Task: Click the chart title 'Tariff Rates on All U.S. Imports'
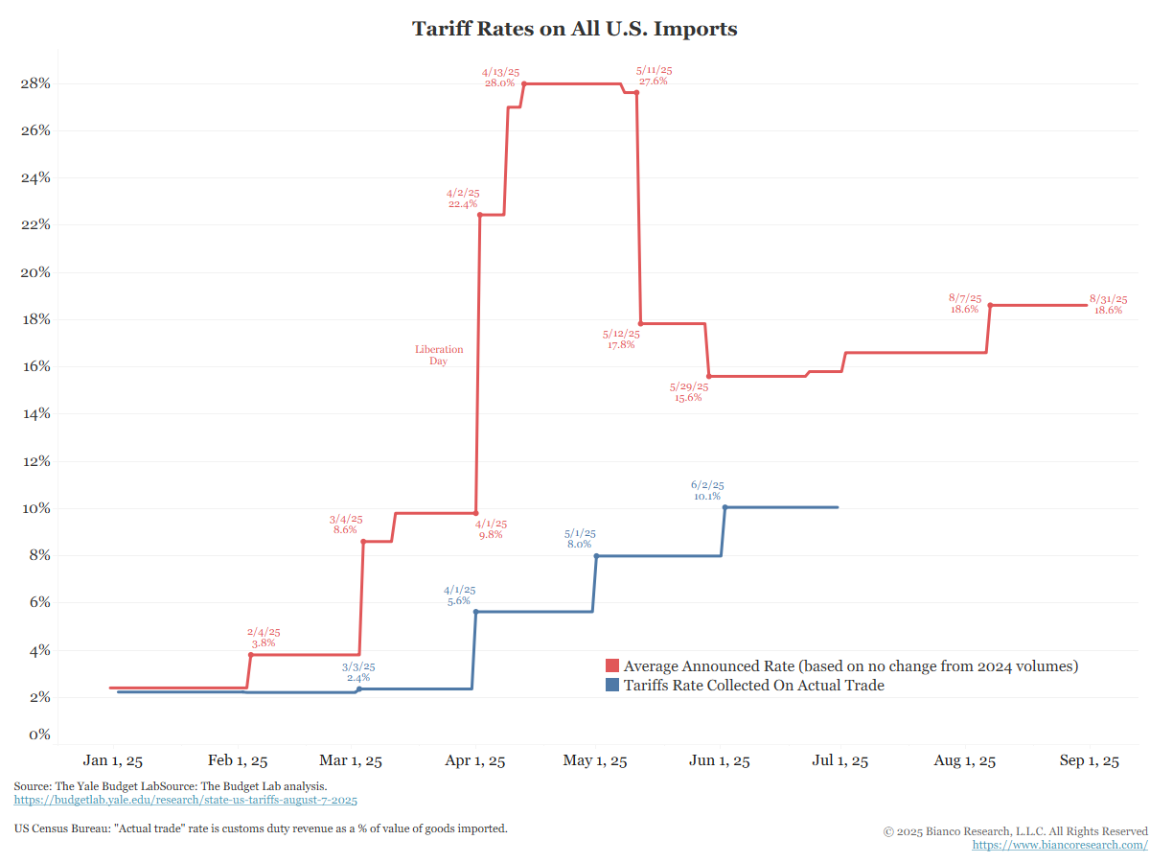[575, 29]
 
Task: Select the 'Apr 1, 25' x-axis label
[476, 761]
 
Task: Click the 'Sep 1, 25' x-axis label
[1088, 761]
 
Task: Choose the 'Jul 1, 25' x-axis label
[839, 761]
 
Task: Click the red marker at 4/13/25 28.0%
[524, 83]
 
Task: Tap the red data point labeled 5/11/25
[636, 92]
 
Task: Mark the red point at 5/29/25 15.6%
[708, 376]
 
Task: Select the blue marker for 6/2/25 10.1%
[725, 507]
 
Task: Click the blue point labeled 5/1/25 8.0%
[596, 556]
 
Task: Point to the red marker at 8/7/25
[990, 305]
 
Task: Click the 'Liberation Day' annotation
[439, 355]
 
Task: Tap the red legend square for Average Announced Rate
[612, 666]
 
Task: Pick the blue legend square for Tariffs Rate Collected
[612, 686]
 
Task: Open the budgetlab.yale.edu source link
[186, 799]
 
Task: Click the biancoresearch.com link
[1060, 845]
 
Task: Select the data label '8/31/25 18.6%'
[1108, 305]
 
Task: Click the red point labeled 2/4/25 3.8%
[251, 654]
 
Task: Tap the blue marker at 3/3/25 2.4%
[359, 688]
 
